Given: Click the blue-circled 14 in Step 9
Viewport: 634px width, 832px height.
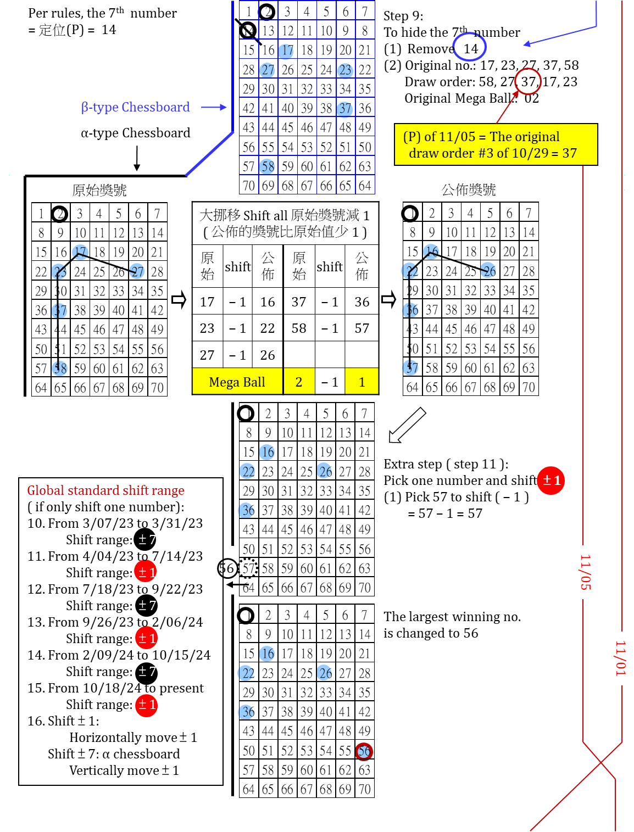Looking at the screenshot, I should (x=470, y=49).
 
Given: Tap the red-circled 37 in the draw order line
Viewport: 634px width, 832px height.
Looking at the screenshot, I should (x=529, y=82).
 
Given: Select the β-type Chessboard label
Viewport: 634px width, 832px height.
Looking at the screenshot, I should (x=135, y=107).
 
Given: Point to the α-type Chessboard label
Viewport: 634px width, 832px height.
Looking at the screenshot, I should (x=135, y=133).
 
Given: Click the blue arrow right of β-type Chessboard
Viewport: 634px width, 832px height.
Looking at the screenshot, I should (x=214, y=107).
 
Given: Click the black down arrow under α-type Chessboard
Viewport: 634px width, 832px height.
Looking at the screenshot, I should (x=137, y=159).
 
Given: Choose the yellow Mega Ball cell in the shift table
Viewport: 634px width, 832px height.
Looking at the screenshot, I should (x=237, y=382).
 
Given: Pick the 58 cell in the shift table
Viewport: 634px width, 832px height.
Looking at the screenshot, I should (x=299, y=328).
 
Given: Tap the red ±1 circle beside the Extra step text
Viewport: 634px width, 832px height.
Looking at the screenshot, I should (x=551, y=481).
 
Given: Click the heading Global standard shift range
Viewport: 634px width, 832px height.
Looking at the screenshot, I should (x=105, y=490).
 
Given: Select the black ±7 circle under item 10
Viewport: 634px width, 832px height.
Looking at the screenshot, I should (x=146, y=540).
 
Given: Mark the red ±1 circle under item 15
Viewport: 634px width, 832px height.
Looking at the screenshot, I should (x=146, y=705).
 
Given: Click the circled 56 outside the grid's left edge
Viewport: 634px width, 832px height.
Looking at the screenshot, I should (x=227, y=568).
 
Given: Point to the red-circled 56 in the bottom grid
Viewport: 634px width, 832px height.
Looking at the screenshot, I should (x=364, y=751).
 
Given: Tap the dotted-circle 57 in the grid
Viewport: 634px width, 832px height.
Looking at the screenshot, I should (x=249, y=568).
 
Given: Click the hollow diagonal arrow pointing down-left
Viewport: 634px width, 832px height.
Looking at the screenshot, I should (x=407, y=425).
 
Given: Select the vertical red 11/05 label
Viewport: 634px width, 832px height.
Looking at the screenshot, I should (x=585, y=572).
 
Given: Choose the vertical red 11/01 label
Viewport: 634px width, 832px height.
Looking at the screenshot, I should (x=620, y=658).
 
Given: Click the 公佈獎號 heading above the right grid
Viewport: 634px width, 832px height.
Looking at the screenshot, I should (x=469, y=190).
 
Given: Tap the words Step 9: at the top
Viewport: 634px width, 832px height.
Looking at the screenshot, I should (x=403, y=16).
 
